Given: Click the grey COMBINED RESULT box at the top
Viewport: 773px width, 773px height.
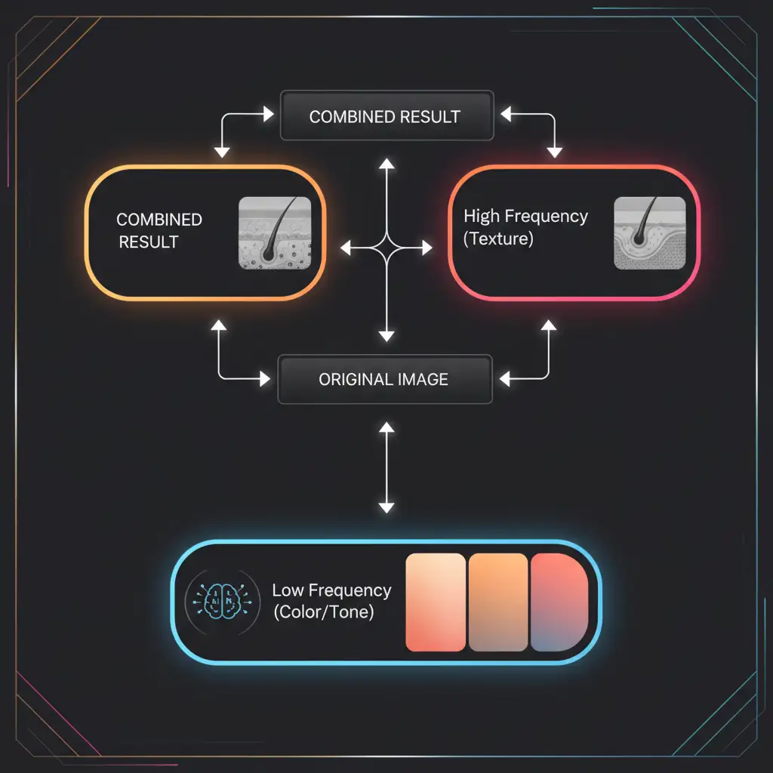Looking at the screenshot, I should (x=386, y=117).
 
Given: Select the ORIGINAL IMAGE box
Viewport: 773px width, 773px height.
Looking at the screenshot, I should (x=385, y=379).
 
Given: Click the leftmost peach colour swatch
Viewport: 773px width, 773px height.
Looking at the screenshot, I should (x=436, y=602).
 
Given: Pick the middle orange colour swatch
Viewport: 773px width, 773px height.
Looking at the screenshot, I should (x=498, y=602).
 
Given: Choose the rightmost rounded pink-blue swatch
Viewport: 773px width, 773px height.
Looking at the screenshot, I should (x=559, y=602).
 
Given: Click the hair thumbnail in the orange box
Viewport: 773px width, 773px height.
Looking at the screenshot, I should (x=274, y=233).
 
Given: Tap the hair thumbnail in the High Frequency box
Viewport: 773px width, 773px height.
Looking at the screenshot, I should (x=650, y=233).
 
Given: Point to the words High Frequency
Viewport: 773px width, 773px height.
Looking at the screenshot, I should (x=525, y=217).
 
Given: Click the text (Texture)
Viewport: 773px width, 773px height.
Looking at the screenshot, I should (x=498, y=239).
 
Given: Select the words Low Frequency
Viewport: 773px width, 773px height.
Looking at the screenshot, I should (x=331, y=590).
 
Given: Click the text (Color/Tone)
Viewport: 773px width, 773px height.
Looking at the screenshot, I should (x=324, y=611).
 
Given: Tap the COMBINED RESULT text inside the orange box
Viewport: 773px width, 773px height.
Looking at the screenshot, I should (x=159, y=230).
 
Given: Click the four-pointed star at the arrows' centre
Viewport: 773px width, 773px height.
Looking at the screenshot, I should (x=386, y=247).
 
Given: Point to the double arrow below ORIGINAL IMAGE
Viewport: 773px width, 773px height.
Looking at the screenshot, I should (x=386, y=468).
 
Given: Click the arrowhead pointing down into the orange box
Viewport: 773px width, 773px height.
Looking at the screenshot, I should (x=222, y=152).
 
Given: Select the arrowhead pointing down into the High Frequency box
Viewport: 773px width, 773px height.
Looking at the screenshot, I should (x=555, y=152).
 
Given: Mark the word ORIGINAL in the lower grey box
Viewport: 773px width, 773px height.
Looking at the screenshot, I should (x=352, y=379).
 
